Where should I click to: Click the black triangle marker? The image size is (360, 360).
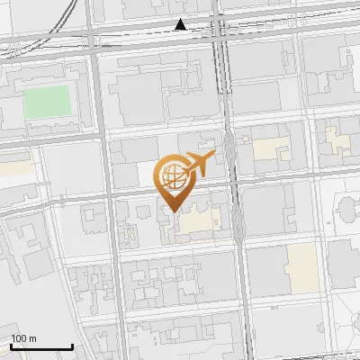point(181,25)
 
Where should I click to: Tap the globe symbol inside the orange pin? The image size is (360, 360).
point(171,178)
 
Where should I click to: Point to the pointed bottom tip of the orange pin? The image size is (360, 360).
point(171,211)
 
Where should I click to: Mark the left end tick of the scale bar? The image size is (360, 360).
point(11,346)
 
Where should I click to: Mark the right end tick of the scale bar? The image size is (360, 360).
point(72,346)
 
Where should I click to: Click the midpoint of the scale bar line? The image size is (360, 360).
point(41,346)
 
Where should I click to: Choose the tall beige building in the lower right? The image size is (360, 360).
point(301,267)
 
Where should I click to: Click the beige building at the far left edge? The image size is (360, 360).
point(13,167)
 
